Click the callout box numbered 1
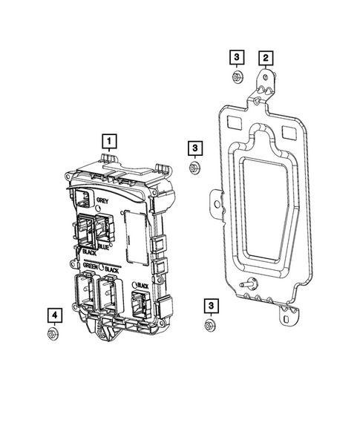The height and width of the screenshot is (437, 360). [109, 139]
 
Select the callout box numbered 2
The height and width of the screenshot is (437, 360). [265, 56]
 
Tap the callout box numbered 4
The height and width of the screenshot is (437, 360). [55, 315]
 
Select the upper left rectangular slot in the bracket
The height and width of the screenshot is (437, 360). [232, 119]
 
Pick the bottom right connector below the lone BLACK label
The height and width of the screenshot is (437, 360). [139, 304]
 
